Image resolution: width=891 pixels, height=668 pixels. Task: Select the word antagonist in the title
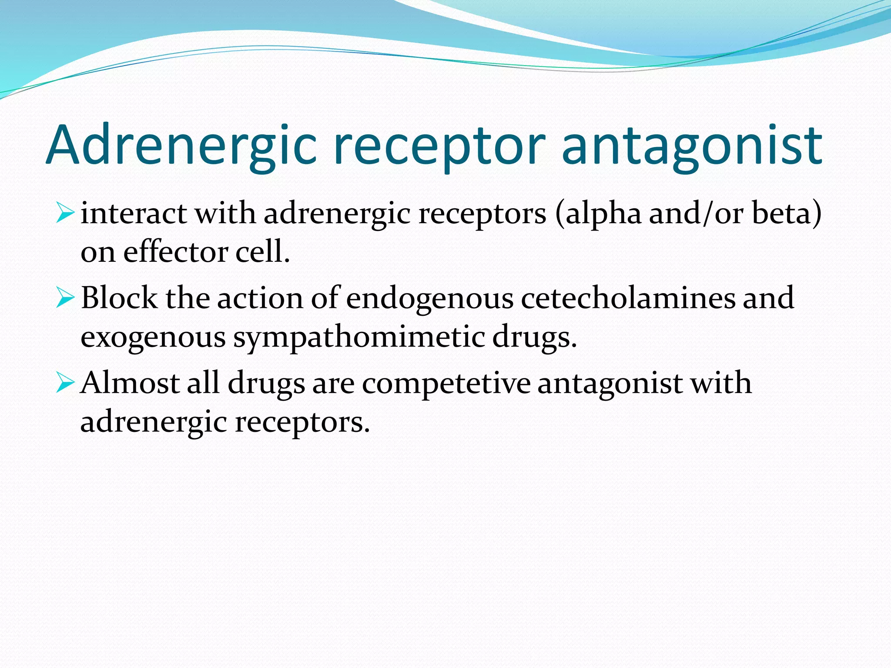692,146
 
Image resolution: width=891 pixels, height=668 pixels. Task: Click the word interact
134,214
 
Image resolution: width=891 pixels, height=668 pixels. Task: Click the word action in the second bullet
260,299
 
